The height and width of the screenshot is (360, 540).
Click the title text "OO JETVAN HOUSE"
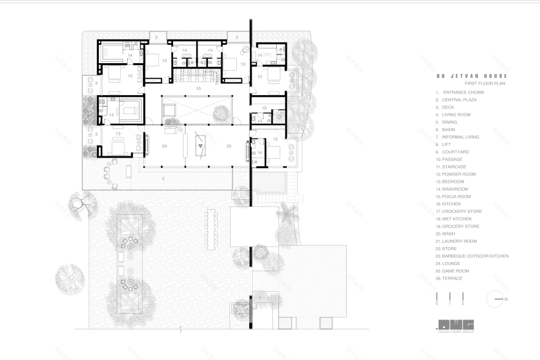(x=472, y=76)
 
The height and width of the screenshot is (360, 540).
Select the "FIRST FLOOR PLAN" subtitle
(x=484, y=83)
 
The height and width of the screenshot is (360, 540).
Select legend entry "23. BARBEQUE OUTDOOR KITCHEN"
(x=472, y=256)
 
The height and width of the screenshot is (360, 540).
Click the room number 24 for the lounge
(x=164, y=147)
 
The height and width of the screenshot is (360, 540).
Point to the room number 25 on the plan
(x=228, y=147)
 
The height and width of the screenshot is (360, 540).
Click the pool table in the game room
(x=199, y=146)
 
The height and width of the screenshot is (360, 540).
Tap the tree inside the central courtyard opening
(x=221, y=112)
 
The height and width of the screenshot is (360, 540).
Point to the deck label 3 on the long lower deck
(x=163, y=178)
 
